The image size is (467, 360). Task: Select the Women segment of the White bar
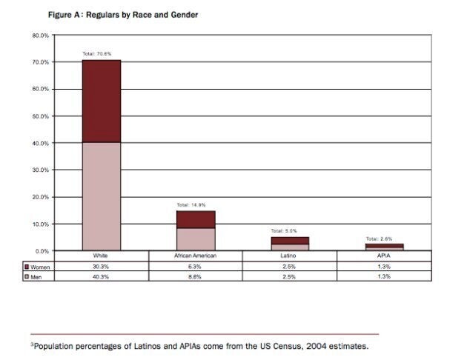point(101,101)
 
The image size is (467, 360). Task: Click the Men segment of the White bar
point(101,196)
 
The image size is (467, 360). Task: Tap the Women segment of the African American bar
point(196,219)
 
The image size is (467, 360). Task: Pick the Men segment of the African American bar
point(196,239)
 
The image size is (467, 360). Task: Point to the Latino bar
point(290,244)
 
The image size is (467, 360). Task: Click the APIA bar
point(384,247)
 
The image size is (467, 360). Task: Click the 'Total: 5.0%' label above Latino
point(285,231)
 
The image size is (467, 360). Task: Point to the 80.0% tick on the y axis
point(40,36)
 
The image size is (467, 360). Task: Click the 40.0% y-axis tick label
point(40,143)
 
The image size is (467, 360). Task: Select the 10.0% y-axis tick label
point(40,224)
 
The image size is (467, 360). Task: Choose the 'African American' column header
point(196,256)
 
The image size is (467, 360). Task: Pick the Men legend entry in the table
point(36,276)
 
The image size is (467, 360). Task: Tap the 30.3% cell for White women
point(101,266)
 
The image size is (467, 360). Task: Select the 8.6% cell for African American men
point(196,276)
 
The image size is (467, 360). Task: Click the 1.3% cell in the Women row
point(384,266)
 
